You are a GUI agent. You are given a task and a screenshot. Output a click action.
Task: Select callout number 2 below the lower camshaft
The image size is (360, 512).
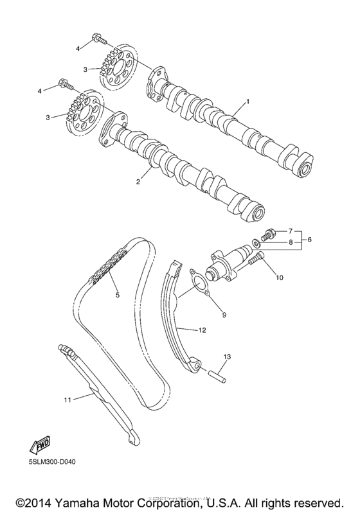[137, 182]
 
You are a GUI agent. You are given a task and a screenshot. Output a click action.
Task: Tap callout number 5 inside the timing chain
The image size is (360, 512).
[117, 296]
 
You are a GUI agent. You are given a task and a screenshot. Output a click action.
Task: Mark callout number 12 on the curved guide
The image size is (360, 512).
[202, 330]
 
